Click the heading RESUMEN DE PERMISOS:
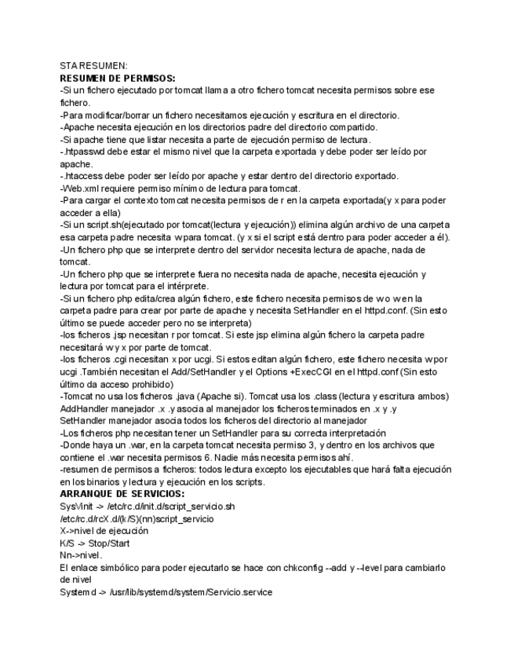point(118,79)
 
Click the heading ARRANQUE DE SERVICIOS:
point(122,493)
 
